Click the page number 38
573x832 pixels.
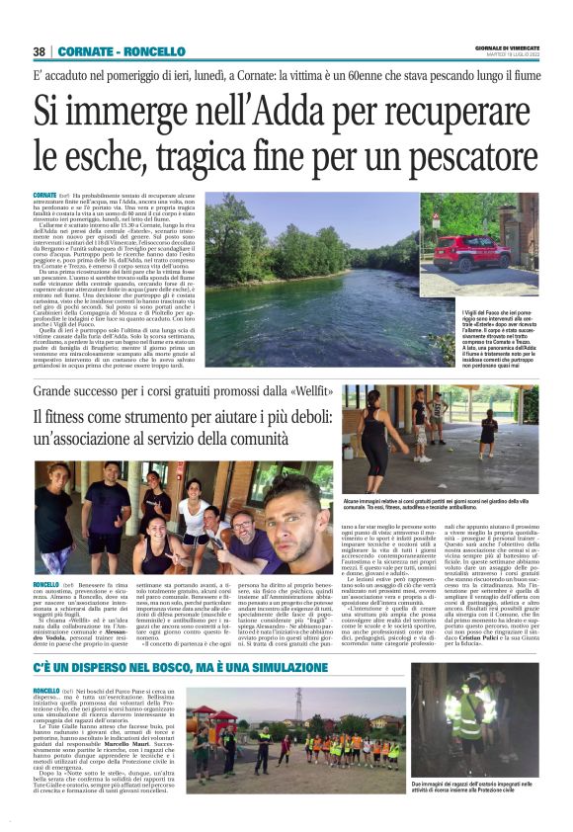(x=40, y=50)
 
